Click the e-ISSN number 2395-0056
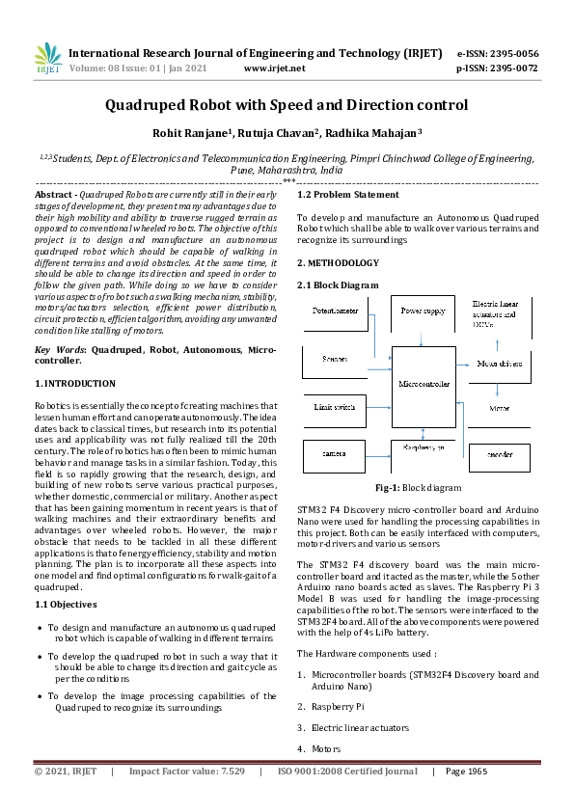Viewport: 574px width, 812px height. (511, 53)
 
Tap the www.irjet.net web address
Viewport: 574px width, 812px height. (275, 68)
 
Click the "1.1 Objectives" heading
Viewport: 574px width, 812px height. (66, 605)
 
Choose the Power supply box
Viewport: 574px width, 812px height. (424, 311)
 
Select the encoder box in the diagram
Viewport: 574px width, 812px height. (499, 452)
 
